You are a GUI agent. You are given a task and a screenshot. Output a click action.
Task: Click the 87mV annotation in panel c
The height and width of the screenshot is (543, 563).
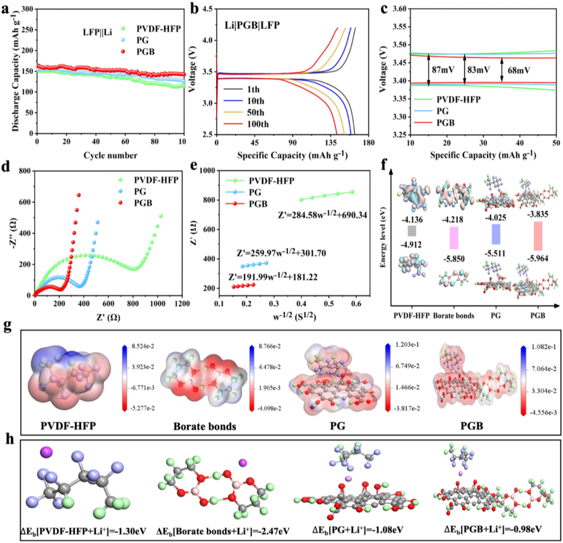(x=444, y=70)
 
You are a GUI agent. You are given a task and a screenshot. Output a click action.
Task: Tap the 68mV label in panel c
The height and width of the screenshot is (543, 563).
(x=519, y=71)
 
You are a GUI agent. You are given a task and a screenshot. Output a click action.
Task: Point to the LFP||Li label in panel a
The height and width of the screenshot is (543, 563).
(x=97, y=32)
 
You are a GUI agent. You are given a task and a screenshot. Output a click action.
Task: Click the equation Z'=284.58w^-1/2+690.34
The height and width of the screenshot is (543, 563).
(x=322, y=215)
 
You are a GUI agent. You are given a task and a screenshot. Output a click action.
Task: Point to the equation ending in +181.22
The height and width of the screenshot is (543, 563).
(x=273, y=277)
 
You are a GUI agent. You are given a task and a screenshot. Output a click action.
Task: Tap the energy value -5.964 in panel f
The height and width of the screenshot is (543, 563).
(x=537, y=258)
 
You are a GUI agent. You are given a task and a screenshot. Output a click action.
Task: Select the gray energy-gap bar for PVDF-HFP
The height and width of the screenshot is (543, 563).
(x=412, y=231)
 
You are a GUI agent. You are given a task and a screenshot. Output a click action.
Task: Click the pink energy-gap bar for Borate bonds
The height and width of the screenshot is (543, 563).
(x=454, y=238)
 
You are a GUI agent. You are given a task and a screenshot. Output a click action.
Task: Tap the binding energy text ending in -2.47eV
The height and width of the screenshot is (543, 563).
(x=223, y=531)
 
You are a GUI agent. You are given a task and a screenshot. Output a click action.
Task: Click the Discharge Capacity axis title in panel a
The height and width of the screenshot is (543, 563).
(x=16, y=72)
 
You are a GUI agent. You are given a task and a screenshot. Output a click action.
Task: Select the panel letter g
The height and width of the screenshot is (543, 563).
(x=6, y=328)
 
